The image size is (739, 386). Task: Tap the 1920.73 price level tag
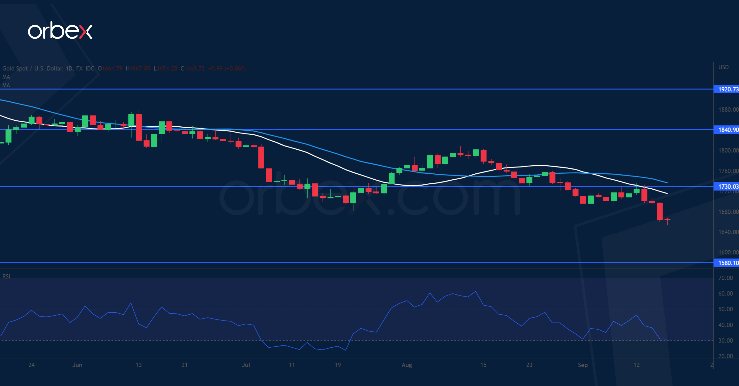727,89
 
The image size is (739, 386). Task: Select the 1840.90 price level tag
727,130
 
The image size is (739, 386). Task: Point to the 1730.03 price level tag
727,186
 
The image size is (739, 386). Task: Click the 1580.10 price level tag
727,263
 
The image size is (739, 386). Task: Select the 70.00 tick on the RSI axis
725,278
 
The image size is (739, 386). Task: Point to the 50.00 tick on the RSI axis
725,309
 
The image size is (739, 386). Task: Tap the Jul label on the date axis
246,365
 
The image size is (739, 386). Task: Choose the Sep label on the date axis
583,365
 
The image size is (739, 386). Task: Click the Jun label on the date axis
77,365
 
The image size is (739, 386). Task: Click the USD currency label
723,67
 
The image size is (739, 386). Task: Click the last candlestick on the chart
667,220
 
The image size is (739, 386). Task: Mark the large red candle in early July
261,157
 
